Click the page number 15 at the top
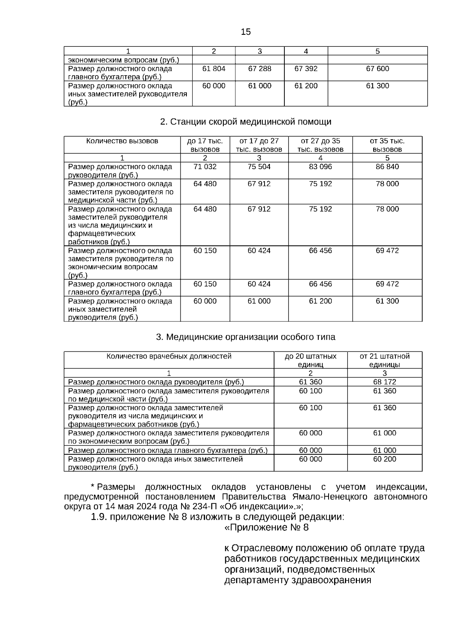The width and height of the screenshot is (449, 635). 246,32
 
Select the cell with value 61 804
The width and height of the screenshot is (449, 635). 214,69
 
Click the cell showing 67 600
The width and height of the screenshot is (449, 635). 377,69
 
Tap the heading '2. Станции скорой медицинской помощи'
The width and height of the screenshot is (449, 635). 245,122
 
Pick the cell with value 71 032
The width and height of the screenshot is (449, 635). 205,167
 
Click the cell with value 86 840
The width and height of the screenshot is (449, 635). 387,167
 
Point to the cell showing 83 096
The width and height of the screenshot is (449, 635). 320,167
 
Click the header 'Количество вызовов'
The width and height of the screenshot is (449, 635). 122,141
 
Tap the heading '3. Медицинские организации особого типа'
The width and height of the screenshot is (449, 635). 245,337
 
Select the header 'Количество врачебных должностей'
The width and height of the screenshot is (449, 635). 169,356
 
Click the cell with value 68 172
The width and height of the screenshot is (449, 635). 384,382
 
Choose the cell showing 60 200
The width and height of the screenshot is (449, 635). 384,459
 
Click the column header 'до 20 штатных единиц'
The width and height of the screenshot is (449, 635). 310,360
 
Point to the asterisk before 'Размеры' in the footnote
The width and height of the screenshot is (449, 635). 92,486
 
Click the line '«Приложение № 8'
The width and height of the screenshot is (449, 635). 266,528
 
